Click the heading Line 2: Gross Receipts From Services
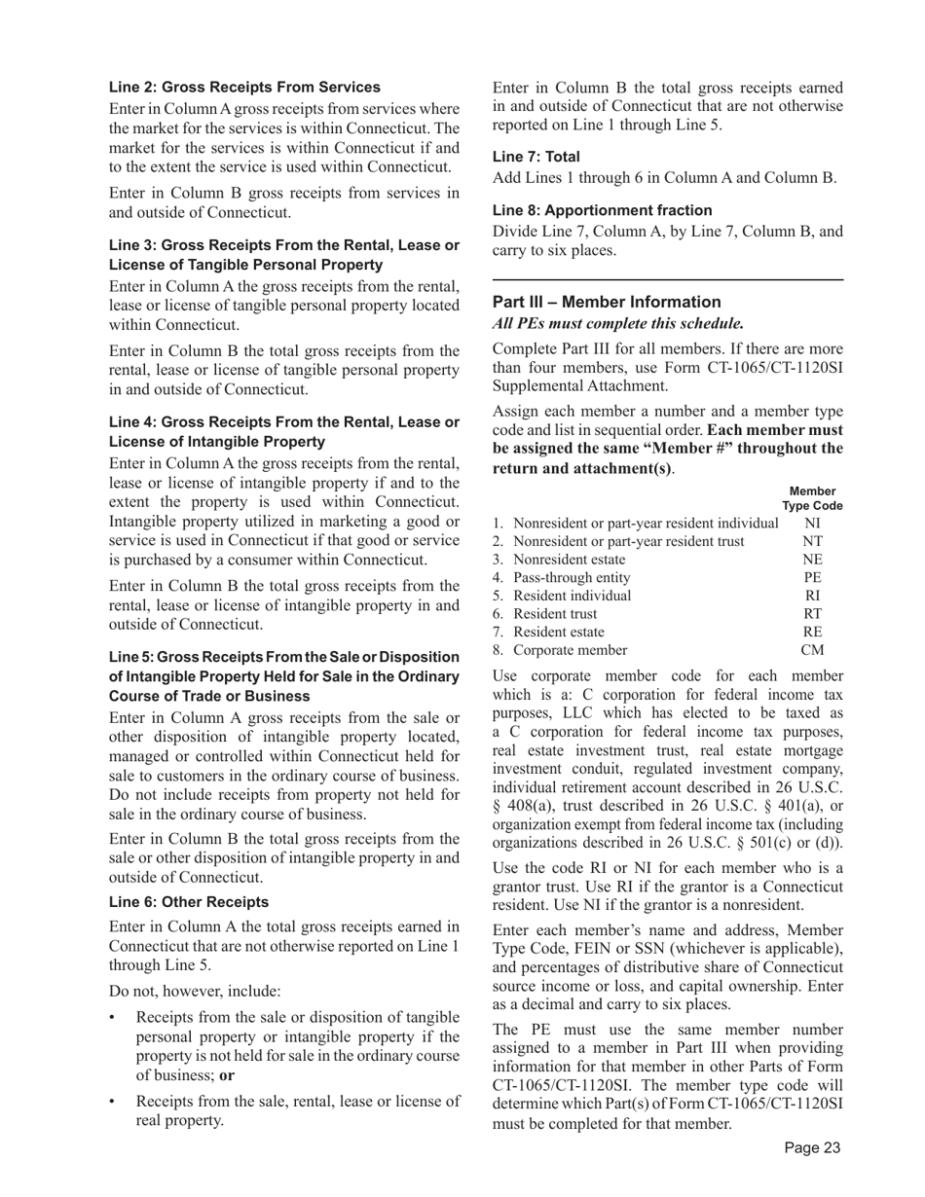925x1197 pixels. coord(244,88)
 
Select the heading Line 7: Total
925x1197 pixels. coord(536,157)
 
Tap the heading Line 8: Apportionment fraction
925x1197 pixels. coord(602,210)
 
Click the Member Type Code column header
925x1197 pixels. coord(812,499)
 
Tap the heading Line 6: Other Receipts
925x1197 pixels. coord(189,902)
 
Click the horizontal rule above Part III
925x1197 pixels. coord(668,280)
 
